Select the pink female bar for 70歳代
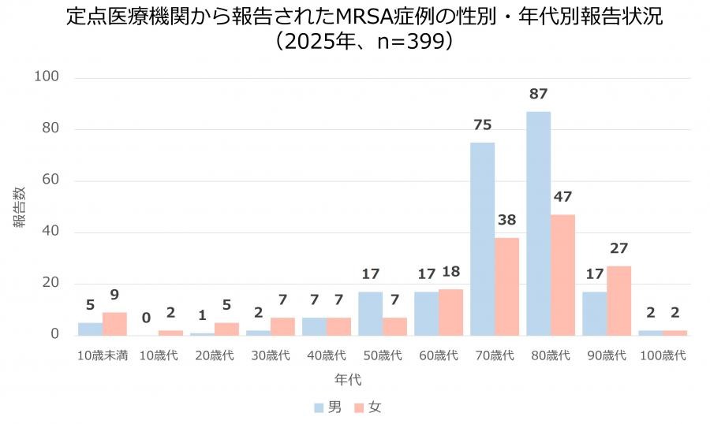point(506,286)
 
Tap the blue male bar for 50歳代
point(370,313)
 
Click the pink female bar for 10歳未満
point(114,323)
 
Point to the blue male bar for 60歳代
point(426,313)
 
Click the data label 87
point(539,95)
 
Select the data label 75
point(483,125)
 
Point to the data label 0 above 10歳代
point(146,318)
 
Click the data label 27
point(618,248)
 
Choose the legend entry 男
point(327,407)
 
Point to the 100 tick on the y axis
point(47,77)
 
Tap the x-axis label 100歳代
point(663,355)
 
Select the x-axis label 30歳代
point(271,355)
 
